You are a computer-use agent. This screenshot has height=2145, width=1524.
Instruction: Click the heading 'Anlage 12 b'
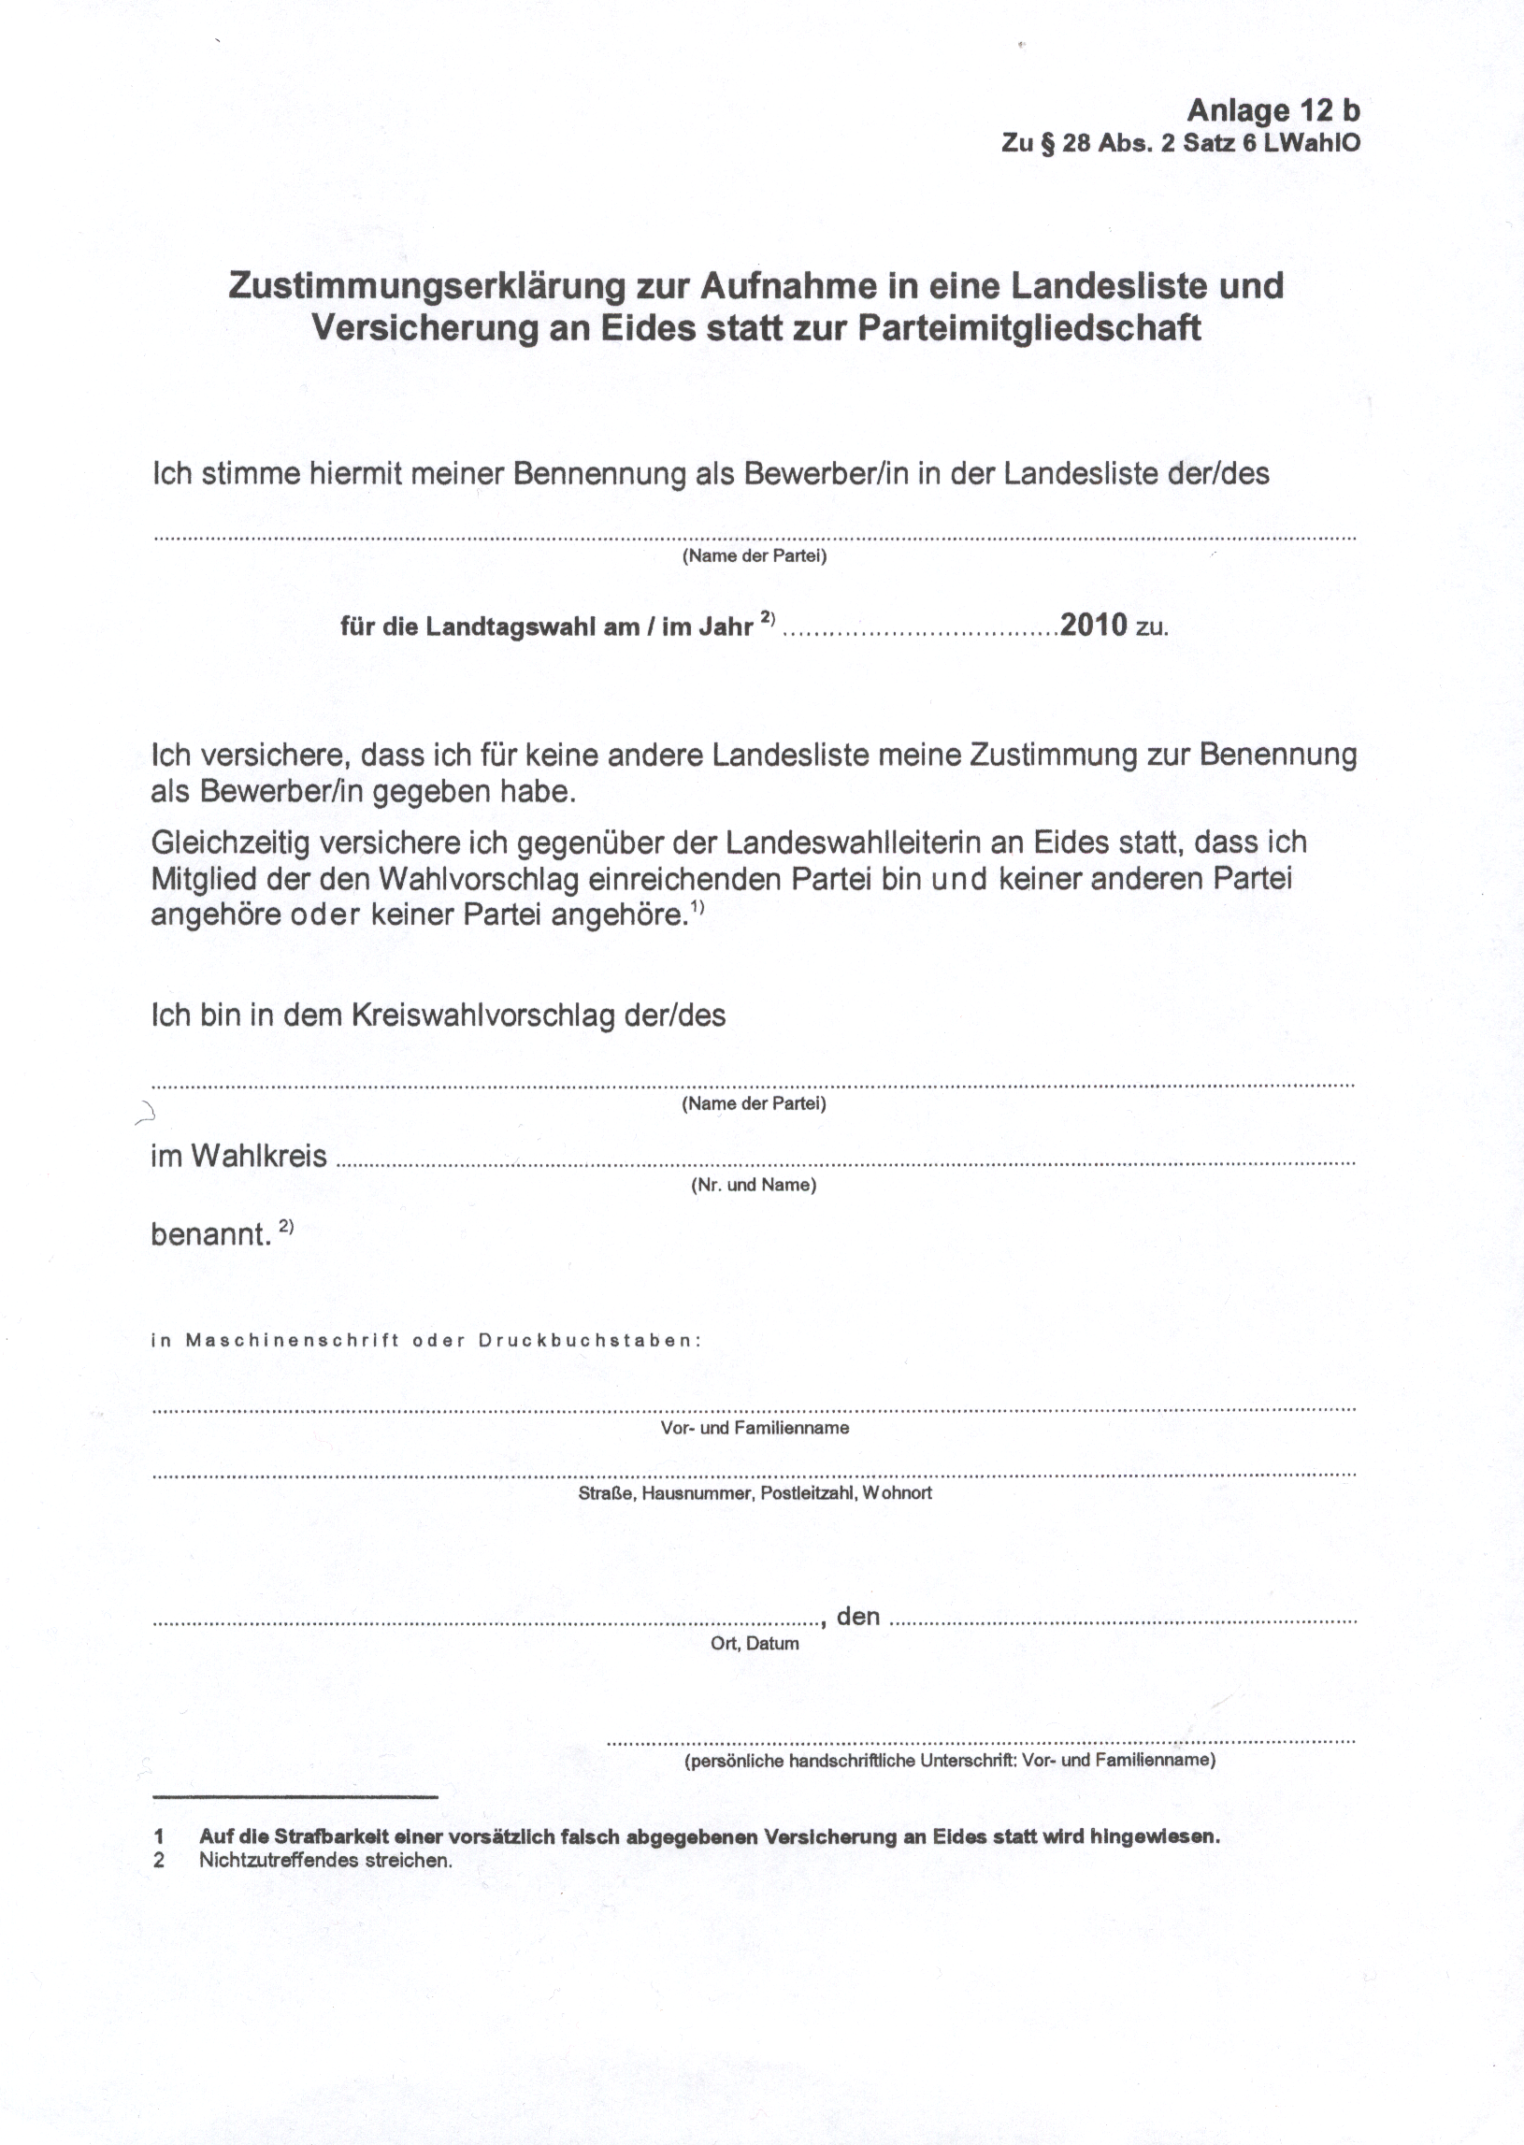point(1272,110)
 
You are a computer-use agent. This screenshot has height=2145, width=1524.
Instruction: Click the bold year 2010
point(1093,625)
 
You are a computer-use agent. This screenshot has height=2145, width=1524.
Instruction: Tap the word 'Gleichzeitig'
point(231,843)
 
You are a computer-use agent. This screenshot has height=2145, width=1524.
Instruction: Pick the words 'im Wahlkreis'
point(238,1156)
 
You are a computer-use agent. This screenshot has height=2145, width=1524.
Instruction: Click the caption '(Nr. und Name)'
point(754,1185)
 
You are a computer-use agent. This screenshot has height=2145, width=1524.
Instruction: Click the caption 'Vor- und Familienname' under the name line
point(755,1428)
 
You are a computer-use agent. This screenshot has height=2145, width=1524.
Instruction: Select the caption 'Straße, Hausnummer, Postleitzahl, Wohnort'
point(755,1493)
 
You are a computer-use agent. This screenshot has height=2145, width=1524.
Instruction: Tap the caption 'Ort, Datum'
point(755,1644)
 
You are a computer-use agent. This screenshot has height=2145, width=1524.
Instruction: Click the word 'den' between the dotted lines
point(857,1616)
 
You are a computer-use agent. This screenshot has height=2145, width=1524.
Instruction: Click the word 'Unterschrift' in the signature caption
point(968,1761)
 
